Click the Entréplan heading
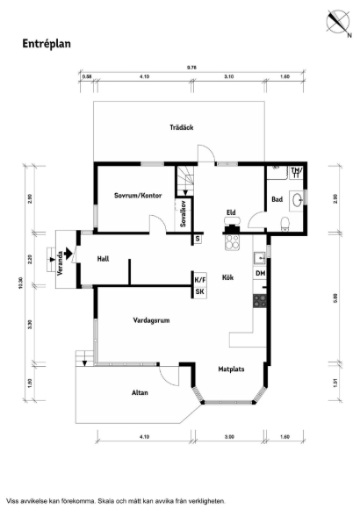(x=47, y=44)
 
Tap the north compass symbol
(x=338, y=22)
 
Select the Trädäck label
(x=182, y=127)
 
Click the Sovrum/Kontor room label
(x=138, y=196)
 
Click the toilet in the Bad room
(x=285, y=224)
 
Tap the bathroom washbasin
(x=298, y=199)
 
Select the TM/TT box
(x=296, y=173)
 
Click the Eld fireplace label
(x=231, y=212)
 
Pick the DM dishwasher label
(x=260, y=273)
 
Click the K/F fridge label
(x=200, y=279)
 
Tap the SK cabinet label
(x=200, y=291)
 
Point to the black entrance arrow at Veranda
(x=68, y=254)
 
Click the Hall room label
(x=103, y=259)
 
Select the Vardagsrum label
(x=151, y=320)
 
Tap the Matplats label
(x=231, y=369)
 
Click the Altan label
(x=140, y=392)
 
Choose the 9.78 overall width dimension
(x=191, y=68)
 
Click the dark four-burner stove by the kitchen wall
(x=260, y=301)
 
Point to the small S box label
(x=198, y=240)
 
